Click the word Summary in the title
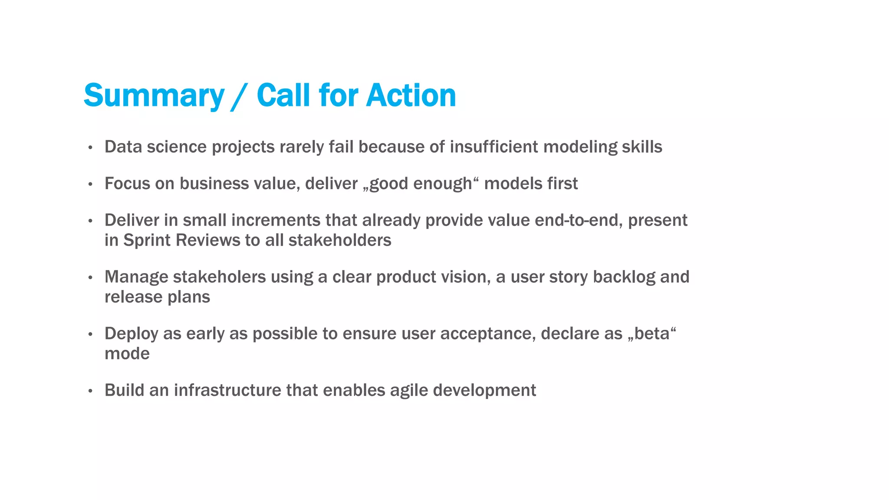click(x=154, y=95)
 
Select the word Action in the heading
click(x=411, y=95)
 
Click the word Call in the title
click(x=284, y=95)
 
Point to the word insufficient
click(x=494, y=147)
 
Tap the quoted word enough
click(x=442, y=184)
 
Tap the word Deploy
click(x=132, y=334)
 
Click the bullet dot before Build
click(x=90, y=391)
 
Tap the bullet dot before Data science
click(x=90, y=148)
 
